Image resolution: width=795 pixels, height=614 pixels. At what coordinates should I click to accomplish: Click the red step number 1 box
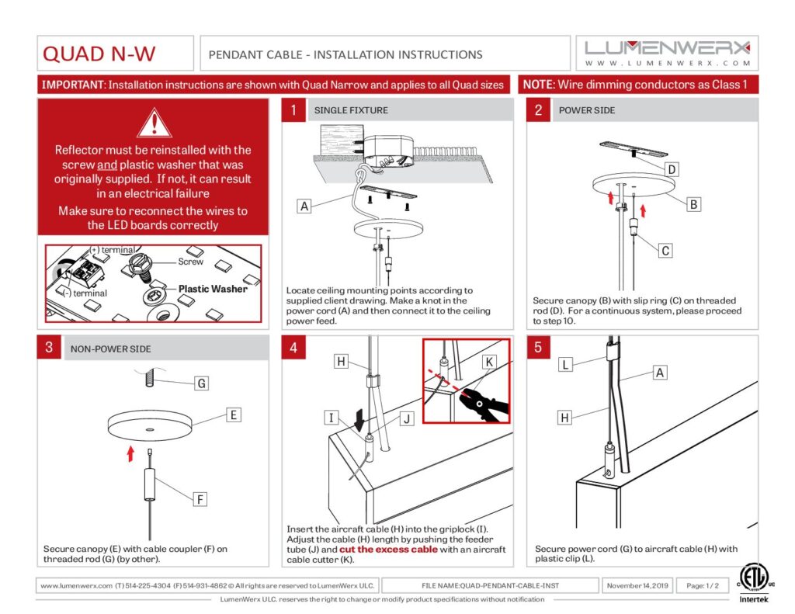[293, 110]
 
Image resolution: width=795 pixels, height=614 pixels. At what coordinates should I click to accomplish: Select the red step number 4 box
[293, 348]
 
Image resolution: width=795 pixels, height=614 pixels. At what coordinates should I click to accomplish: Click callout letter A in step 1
[304, 206]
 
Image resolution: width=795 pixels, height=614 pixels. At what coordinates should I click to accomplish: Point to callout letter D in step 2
[672, 169]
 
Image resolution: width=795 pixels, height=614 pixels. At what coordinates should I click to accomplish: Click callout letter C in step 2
[665, 251]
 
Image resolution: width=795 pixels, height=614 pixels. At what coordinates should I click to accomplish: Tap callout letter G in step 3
[201, 383]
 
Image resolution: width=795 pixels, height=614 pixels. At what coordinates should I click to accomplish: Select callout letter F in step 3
[200, 499]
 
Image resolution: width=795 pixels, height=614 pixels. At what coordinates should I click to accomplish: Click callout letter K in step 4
[488, 362]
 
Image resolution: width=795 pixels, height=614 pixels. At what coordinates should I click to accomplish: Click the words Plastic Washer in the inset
[213, 289]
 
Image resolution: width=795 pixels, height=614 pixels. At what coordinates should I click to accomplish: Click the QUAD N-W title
[99, 54]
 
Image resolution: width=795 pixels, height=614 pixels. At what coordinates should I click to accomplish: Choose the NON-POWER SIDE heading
[110, 349]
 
